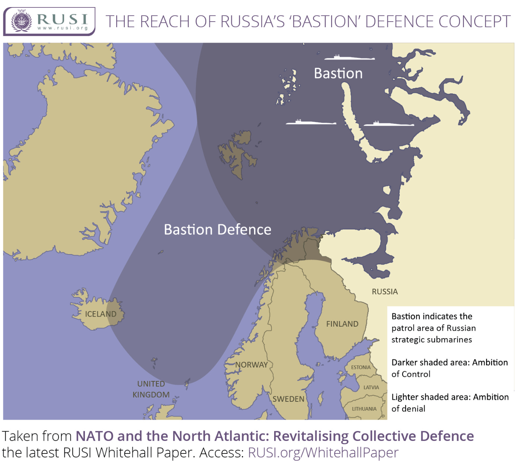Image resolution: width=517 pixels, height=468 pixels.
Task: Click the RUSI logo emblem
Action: point(22,21)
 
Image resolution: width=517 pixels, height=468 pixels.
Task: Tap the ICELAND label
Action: point(101,314)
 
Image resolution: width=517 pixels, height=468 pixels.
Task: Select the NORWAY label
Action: point(251,365)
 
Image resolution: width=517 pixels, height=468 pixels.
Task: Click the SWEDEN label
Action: point(288,399)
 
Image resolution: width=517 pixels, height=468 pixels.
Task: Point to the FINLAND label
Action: point(342,324)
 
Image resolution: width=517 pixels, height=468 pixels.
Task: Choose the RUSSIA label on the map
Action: point(385,292)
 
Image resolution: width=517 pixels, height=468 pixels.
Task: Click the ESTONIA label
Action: point(361,367)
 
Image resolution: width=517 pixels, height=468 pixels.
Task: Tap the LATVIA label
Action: point(371,387)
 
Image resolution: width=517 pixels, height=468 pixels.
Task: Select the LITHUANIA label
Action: point(364,409)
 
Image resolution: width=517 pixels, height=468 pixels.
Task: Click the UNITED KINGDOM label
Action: point(151,389)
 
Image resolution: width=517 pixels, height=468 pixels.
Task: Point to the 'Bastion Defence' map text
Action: point(218,230)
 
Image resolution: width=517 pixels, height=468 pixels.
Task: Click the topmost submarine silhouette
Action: point(349,58)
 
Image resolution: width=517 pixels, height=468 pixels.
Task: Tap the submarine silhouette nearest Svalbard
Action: point(311,122)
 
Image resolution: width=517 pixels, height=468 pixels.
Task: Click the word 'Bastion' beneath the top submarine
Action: point(338,73)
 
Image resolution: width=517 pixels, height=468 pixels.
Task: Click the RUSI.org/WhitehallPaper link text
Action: point(323,453)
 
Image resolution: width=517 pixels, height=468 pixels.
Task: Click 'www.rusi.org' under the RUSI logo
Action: point(62,28)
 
